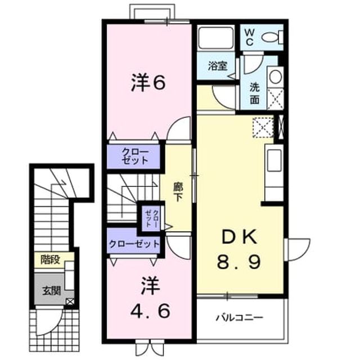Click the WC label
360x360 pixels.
click(249, 37)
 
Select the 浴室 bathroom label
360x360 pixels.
click(218, 66)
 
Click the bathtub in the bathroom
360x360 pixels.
click(215, 38)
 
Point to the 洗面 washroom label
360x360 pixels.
click(255, 93)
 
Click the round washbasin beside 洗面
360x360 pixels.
click(276, 76)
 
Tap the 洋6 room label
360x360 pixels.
click(148, 83)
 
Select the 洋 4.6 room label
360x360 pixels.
click(150, 298)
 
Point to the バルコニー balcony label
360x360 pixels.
click(239, 318)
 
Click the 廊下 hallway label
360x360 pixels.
click(178, 192)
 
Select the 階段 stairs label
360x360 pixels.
click(50, 260)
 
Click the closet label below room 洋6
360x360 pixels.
click(135, 156)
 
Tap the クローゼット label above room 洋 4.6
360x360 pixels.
click(134, 244)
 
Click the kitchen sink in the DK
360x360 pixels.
click(274, 160)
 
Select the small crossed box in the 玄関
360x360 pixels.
click(70, 301)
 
